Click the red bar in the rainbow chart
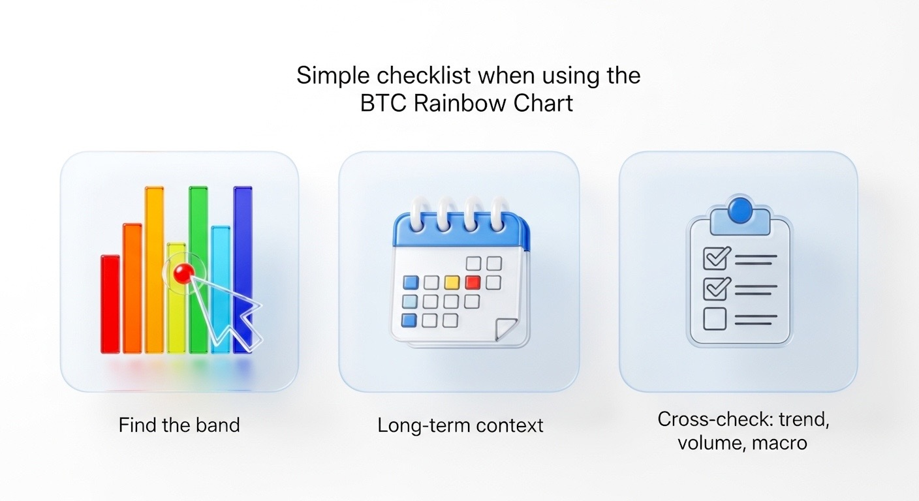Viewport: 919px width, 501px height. (110, 304)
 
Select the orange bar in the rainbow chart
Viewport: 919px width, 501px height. (132, 288)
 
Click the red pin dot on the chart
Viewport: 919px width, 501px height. (183, 273)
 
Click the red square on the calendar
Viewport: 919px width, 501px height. (473, 282)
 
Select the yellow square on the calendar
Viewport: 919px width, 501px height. (452, 282)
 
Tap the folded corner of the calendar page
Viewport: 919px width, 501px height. (505, 329)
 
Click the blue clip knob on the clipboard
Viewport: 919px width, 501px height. (741, 210)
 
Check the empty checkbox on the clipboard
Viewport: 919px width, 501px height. (715, 319)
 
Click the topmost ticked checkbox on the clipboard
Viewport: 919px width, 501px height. (716, 258)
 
